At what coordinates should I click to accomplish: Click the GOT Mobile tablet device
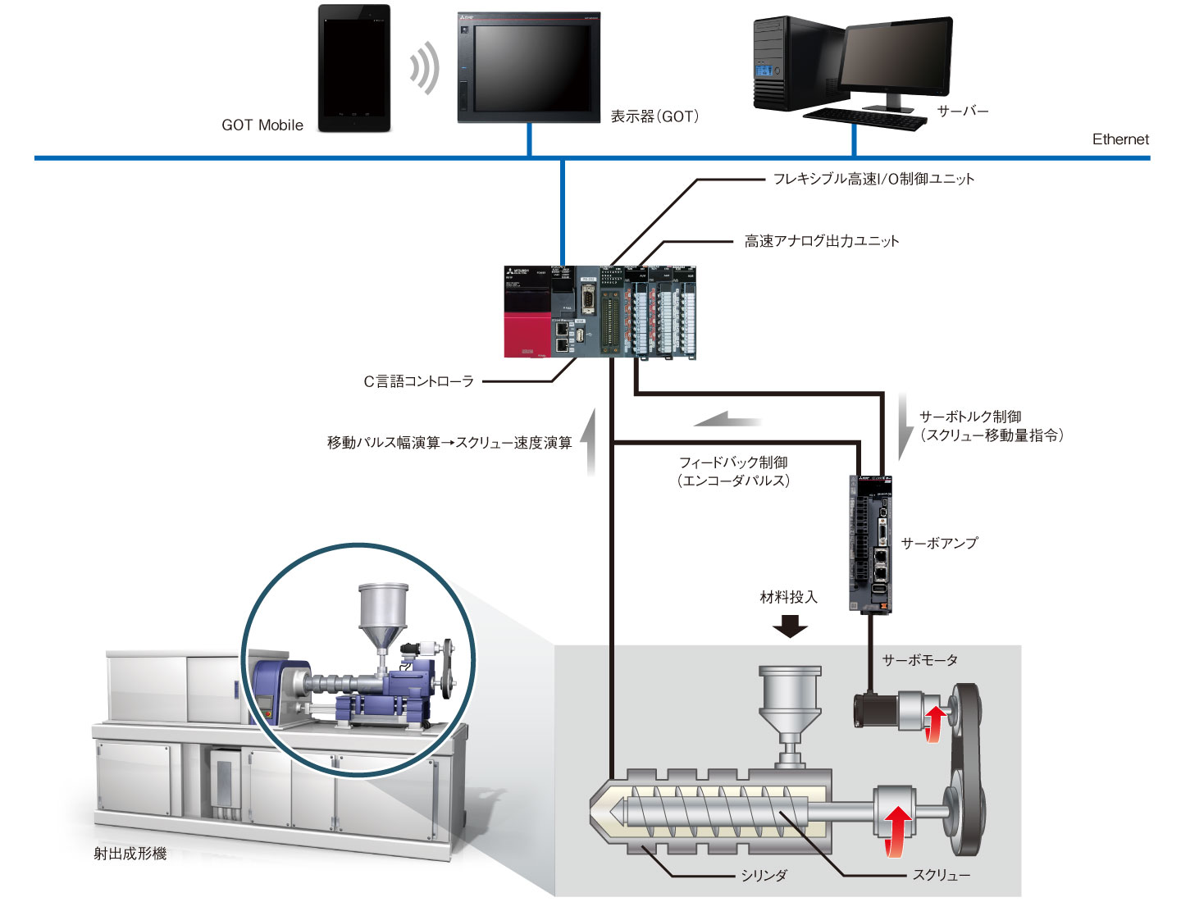point(354,68)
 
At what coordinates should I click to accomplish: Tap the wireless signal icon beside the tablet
point(423,68)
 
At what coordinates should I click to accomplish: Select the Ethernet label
point(1119,139)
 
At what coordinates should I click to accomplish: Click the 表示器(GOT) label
point(654,116)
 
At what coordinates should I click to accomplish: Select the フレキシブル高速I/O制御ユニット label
point(873,179)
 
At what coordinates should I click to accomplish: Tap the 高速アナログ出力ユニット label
point(821,241)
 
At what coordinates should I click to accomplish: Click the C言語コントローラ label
point(418,381)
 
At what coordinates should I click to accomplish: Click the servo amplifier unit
point(870,544)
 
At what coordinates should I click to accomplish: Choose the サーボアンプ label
point(939,543)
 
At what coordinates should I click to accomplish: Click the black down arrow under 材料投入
point(790,627)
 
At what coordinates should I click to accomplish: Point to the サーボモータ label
point(919,660)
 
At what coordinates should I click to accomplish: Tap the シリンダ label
point(764,876)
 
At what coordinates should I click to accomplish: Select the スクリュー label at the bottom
point(941,876)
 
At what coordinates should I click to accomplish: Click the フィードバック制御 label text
point(733,462)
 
